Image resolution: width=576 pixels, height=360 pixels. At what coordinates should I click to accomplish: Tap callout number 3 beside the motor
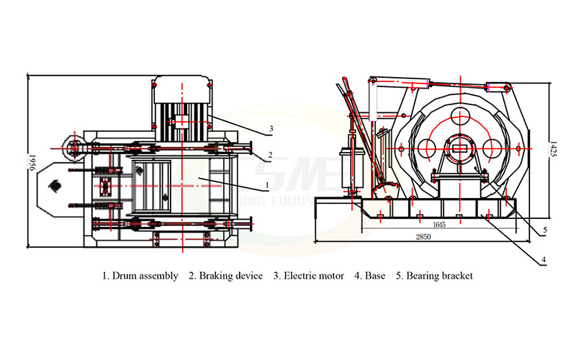click(x=270, y=129)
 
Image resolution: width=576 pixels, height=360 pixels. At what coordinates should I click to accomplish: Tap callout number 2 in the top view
click(x=269, y=154)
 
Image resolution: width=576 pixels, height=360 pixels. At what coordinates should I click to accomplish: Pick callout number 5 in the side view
click(x=545, y=230)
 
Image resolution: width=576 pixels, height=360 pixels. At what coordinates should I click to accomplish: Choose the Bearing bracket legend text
click(x=438, y=276)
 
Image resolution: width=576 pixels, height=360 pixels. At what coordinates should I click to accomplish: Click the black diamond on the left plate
click(x=54, y=186)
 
